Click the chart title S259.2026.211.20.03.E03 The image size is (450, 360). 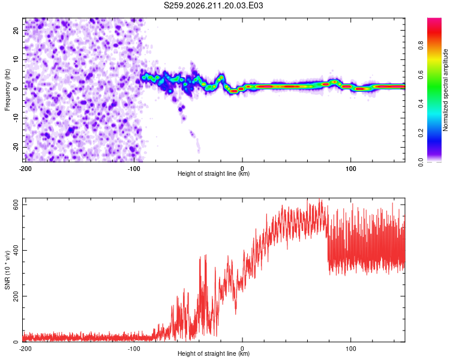(213, 5)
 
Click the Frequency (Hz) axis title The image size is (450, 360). (7, 90)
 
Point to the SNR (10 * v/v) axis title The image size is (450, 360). (7, 270)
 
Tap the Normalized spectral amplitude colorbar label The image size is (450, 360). (445, 90)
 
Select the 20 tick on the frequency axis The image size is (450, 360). (16, 30)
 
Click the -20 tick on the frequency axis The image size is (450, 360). (16, 147)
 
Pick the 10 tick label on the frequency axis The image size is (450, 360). (16, 59)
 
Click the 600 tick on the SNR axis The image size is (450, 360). (16, 205)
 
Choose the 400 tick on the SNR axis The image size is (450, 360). (16, 250)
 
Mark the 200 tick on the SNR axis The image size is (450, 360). (16, 296)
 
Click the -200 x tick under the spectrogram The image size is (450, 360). (25, 169)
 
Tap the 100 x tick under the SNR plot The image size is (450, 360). (351, 349)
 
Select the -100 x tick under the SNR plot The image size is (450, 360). (134, 349)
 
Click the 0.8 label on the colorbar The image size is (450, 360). (421, 46)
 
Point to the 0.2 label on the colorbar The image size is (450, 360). (421, 133)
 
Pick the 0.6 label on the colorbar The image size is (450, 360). (421, 74)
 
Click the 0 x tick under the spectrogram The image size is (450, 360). (242, 169)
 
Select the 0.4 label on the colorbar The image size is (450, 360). (421, 104)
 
